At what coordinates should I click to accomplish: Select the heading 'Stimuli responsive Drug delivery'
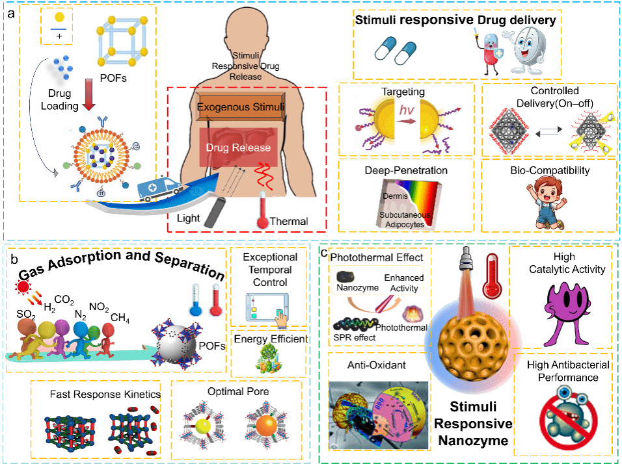[455, 21]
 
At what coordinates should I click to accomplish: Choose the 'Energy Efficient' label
[268, 339]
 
